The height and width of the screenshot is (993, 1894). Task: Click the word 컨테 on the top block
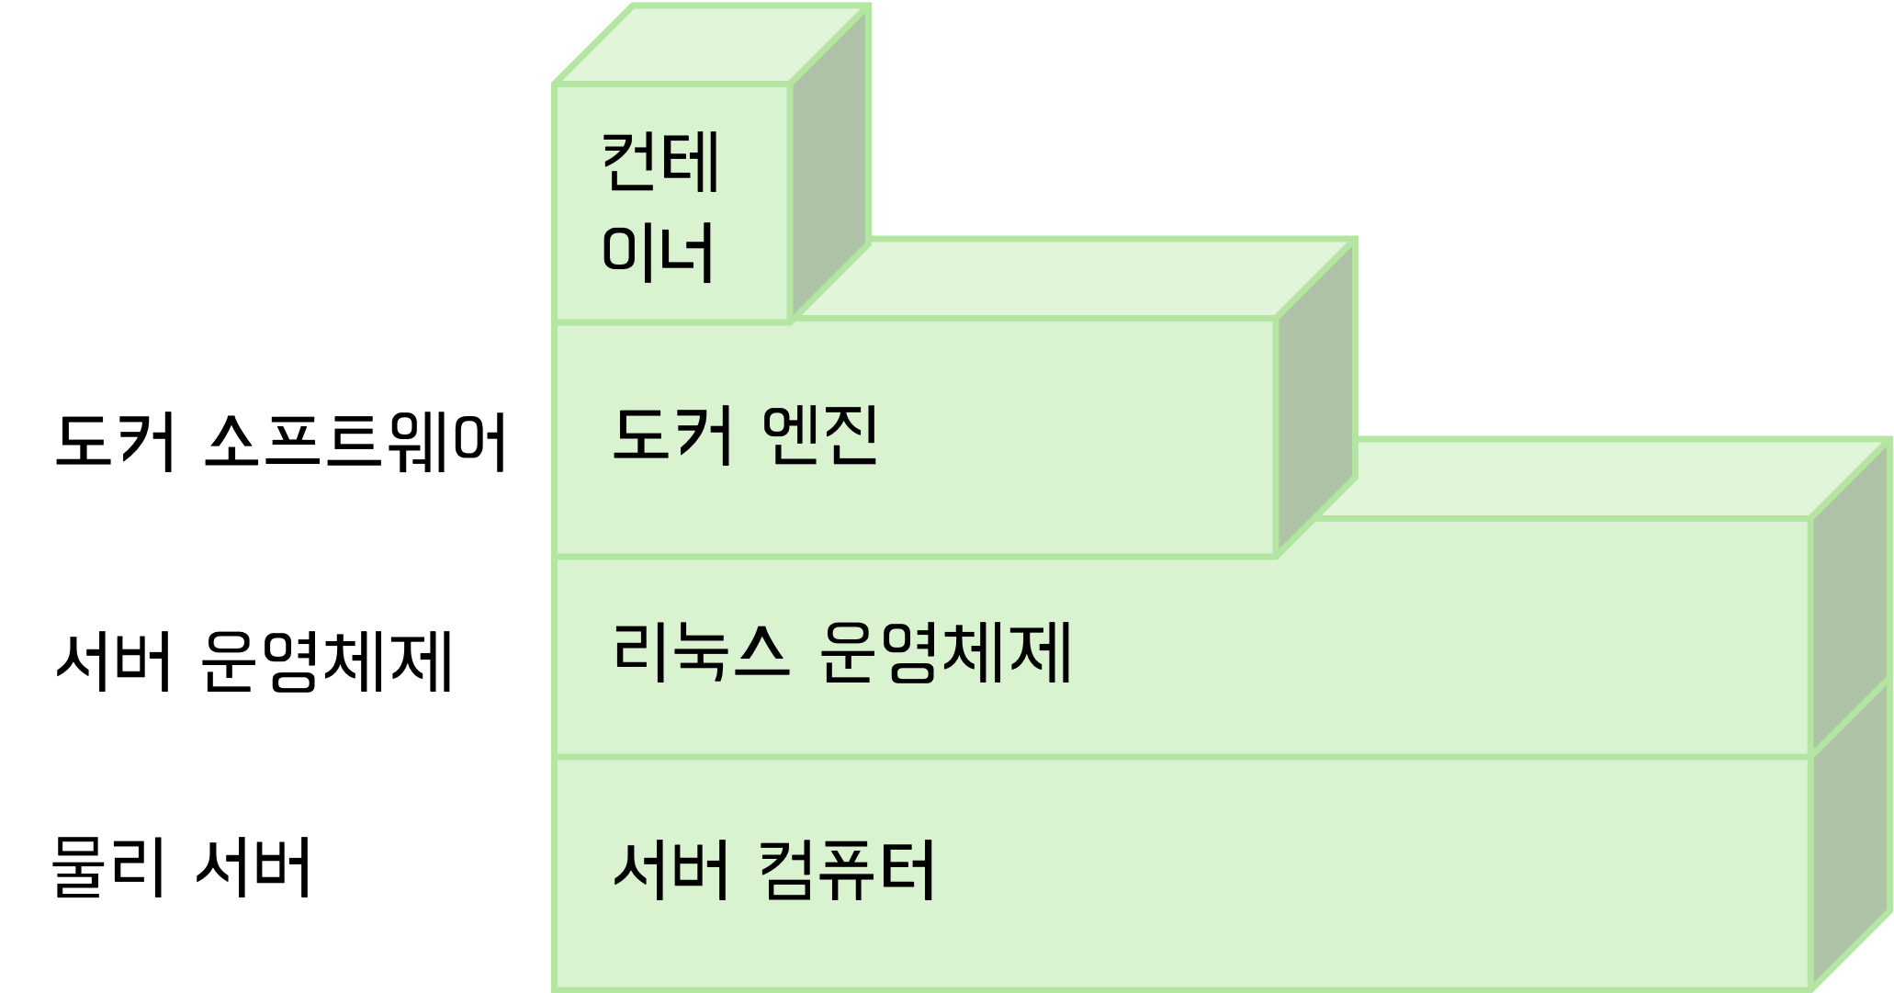point(660,163)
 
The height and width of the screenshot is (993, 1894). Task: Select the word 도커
point(672,435)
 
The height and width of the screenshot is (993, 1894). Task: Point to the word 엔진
point(820,435)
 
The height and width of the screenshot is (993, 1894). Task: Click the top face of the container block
point(712,44)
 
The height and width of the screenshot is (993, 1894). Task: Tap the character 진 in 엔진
point(851,435)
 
